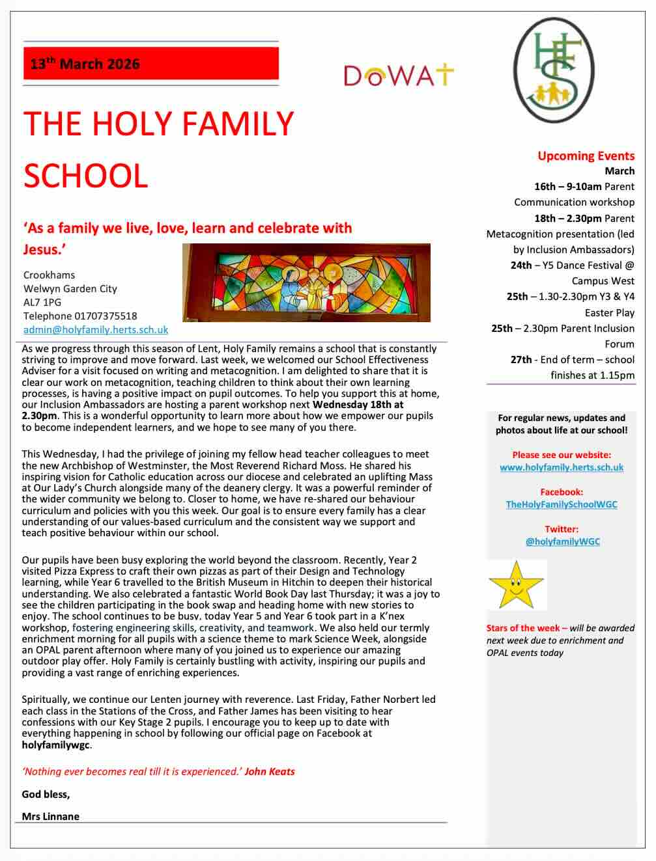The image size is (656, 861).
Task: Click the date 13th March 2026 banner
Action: pos(150,64)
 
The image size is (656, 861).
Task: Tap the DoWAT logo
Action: pos(398,75)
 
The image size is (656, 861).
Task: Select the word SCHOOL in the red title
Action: pos(86,176)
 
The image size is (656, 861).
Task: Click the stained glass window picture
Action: pos(306,282)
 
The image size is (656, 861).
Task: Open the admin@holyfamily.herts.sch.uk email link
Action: pos(96,330)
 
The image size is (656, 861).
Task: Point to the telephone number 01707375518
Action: pos(106,316)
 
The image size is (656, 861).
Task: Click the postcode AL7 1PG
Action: pos(42,303)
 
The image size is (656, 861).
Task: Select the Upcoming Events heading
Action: pos(586,156)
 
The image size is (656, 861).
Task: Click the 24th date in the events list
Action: pos(521,266)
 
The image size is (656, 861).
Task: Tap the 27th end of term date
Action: pos(521,360)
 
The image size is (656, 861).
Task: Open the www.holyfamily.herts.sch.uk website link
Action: pos(562,467)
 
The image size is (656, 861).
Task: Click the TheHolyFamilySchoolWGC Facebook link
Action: pos(562,504)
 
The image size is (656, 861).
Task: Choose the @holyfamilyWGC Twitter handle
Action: pos(562,541)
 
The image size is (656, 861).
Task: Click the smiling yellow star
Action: pos(516,584)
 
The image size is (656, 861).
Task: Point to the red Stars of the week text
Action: pos(522,628)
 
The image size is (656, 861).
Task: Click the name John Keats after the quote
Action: pos(270,772)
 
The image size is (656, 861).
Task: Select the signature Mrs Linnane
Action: pos(51,816)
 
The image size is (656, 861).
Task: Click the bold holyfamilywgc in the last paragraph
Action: pos(56,745)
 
